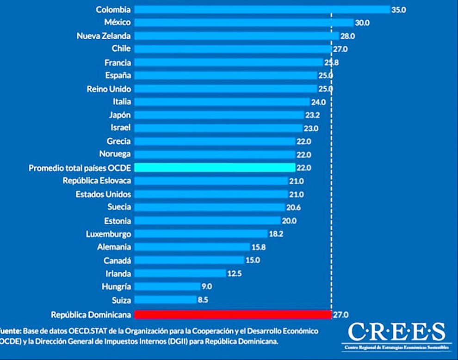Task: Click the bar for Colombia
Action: point(262,9)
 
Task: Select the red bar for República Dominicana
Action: point(233,315)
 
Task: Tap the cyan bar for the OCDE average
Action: point(215,167)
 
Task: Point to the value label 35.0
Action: point(399,9)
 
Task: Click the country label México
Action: point(118,22)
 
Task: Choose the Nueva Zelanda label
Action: point(104,36)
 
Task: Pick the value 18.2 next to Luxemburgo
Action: point(276,234)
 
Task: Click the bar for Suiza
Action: point(165,299)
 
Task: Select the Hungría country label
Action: point(116,287)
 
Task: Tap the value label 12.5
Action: point(235,273)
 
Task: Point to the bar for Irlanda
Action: point(180,273)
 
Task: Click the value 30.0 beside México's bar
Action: point(363,22)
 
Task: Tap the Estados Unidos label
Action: point(103,194)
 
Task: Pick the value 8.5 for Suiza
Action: point(204,299)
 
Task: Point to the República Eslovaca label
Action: point(97,181)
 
